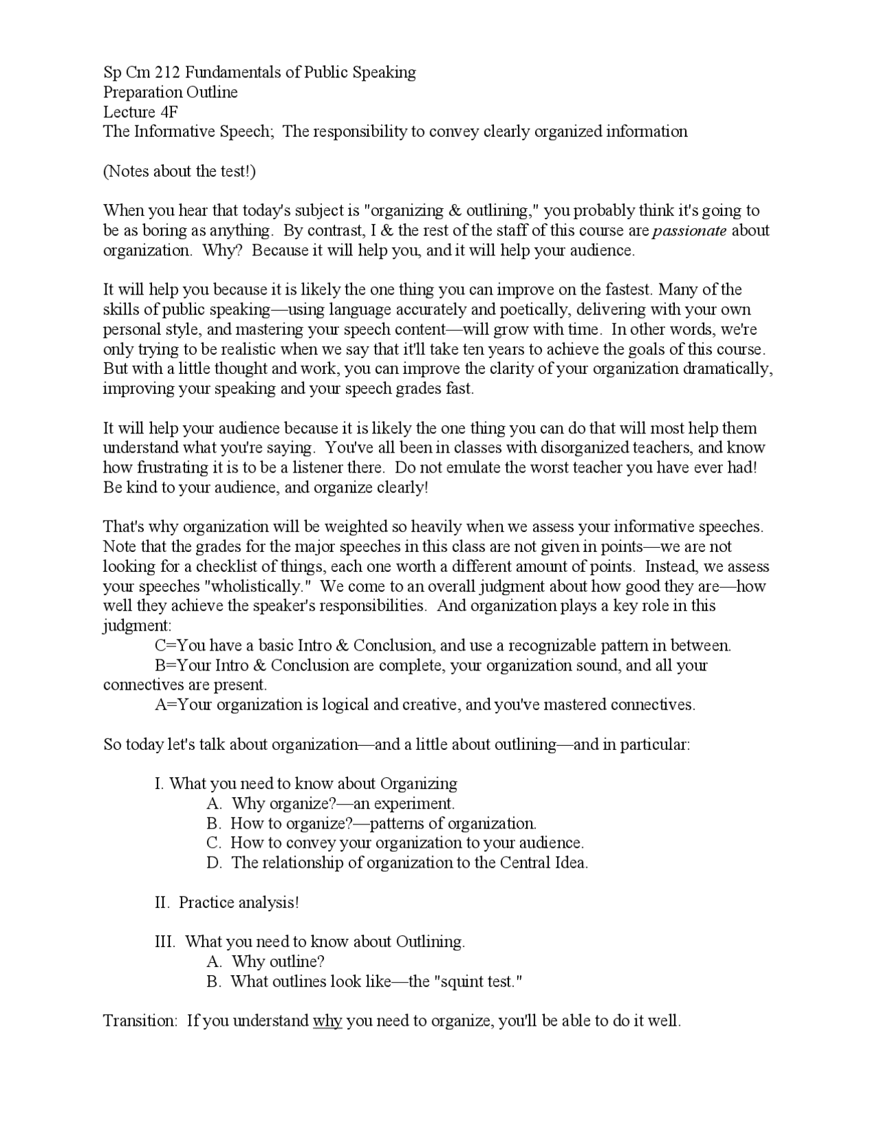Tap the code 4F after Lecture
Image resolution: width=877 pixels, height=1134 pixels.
(x=169, y=112)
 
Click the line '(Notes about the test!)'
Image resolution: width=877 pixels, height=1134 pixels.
(x=180, y=171)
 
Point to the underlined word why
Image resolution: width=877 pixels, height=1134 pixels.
(x=327, y=1021)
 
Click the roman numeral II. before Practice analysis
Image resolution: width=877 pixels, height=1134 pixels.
(x=162, y=903)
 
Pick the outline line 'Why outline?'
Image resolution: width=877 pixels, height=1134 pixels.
(x=277, y=962)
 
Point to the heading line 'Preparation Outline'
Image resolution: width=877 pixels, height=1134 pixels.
(x=171, y=92)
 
